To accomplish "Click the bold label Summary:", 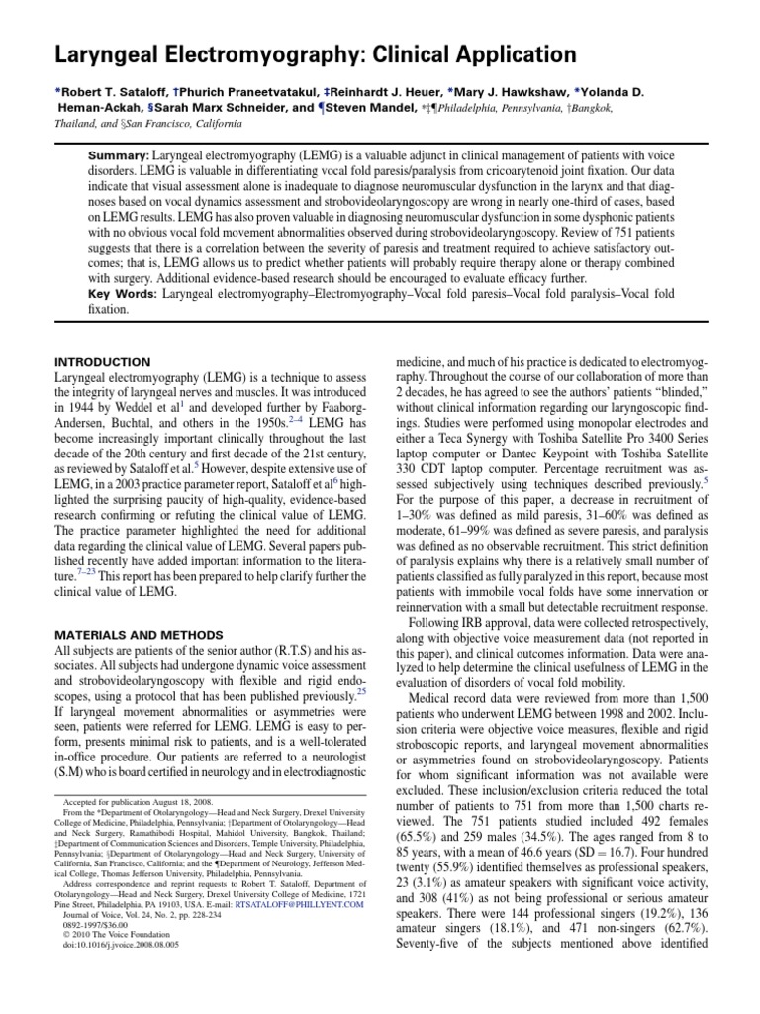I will click(119, 157).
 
